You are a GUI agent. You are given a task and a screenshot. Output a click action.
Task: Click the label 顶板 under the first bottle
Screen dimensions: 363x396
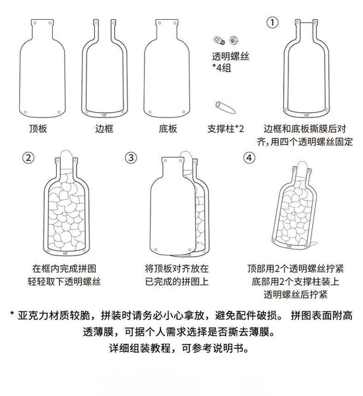point(38,129)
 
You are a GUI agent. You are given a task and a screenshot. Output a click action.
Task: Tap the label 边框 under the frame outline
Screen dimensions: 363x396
point(104,129)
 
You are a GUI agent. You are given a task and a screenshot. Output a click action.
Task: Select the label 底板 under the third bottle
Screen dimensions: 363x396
point(168,129)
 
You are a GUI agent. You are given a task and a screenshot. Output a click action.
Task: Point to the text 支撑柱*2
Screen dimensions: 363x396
point(226,129)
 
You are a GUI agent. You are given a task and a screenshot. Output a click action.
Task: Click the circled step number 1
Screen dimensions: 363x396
point(273,22)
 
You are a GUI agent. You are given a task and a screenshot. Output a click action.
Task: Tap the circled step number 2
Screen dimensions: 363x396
point(28,158)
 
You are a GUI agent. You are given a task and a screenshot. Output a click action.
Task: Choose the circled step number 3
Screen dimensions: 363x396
point(131,158)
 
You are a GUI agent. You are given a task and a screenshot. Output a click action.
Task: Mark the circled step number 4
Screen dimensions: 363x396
point(249,158)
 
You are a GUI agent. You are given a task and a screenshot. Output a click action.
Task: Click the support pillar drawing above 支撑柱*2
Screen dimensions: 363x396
point(225,108)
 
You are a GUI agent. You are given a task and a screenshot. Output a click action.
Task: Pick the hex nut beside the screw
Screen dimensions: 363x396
point(234,40)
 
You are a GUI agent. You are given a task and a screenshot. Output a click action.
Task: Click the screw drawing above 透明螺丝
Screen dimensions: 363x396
point(219,40)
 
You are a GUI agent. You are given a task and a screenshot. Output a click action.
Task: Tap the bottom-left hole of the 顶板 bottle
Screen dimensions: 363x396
point(25,112)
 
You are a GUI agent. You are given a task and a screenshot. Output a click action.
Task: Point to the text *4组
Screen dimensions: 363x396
point(222,68)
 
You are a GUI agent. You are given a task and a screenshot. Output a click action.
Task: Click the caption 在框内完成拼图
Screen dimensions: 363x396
point(64,269)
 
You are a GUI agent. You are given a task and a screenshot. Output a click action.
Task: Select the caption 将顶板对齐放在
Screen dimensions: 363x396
point(177,269)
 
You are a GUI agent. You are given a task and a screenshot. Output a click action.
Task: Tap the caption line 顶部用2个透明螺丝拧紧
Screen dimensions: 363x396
point(296,269)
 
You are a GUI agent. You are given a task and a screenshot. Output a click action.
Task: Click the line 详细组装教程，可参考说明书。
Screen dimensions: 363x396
point(180,348)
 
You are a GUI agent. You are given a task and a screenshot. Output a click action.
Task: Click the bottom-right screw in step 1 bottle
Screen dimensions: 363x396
point(326,110)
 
